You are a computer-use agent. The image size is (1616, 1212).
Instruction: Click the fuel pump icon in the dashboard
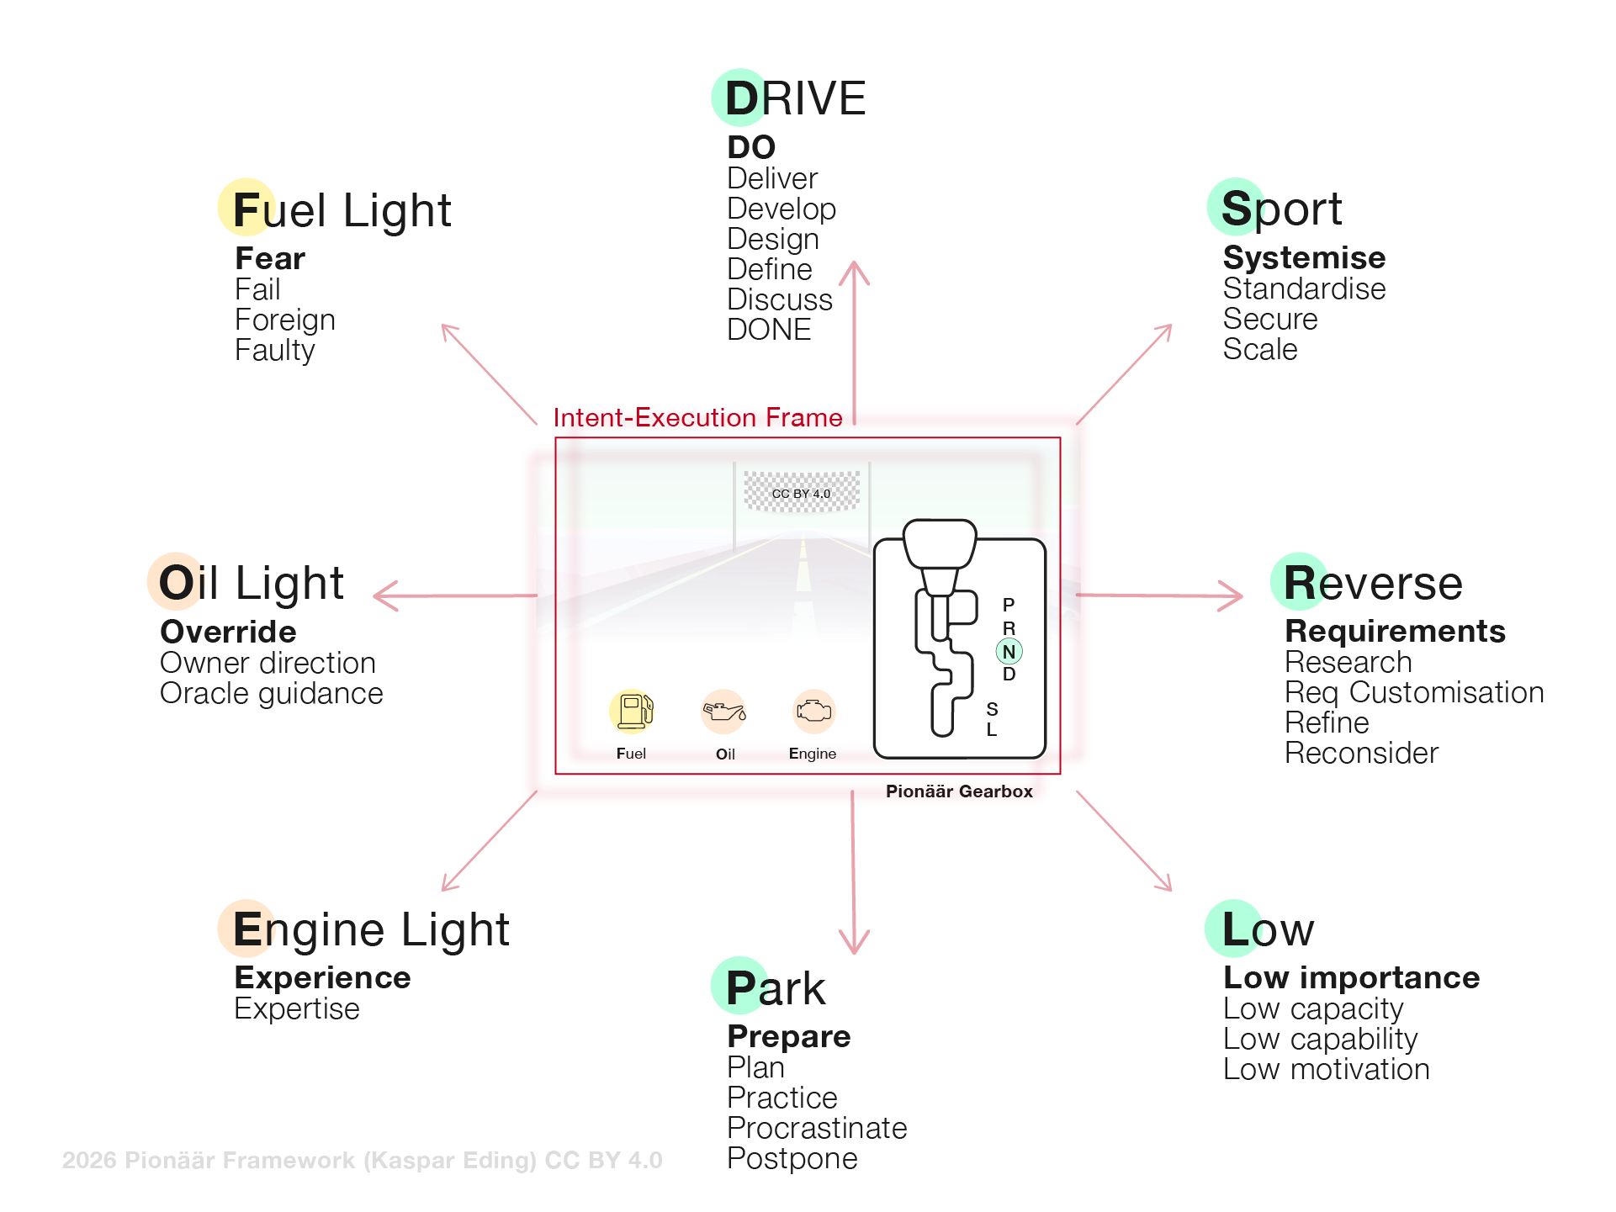(x=633, y=712)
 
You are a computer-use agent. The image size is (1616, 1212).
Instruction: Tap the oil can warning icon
(x=724, y=712)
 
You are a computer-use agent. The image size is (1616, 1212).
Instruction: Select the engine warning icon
(x=813, y=712)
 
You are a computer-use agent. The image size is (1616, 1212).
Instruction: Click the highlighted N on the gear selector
(x=1009, y=652)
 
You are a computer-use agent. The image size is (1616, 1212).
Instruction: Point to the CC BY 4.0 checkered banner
(x=802, y=493)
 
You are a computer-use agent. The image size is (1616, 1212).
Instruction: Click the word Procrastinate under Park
(x=817, y=1128)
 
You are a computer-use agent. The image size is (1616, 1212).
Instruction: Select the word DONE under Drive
(x=769, y=330)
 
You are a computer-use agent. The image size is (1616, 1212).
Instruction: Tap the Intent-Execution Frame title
(x=697, y=418)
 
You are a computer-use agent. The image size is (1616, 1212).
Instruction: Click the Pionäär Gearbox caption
(x=959, y=791)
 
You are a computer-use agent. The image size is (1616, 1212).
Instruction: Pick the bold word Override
(x=228, y=632)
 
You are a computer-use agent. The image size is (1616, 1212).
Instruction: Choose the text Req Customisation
(x=1414, y=692)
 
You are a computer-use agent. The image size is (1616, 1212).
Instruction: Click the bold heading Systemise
(x=1304, y=257)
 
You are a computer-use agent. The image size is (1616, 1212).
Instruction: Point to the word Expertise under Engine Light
(x=297, y=1008)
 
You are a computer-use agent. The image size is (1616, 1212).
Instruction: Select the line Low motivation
(x=1327, y=1069)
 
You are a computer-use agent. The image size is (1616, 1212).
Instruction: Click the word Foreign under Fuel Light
(x=285, y=320)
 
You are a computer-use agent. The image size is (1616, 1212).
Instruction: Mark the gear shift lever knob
(x=940, y=543)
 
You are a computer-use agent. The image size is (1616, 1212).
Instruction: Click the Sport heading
(x=1280, y=209)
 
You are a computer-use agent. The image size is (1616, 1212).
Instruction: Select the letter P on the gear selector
(x=1009, y=605)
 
